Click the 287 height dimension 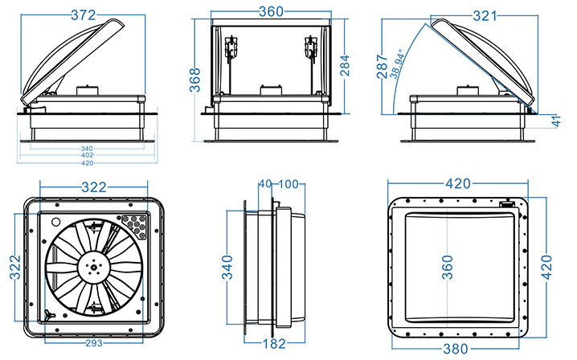(x=381, y=66)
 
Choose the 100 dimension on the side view (x=288, y=184)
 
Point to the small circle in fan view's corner (x=55, y=219)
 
